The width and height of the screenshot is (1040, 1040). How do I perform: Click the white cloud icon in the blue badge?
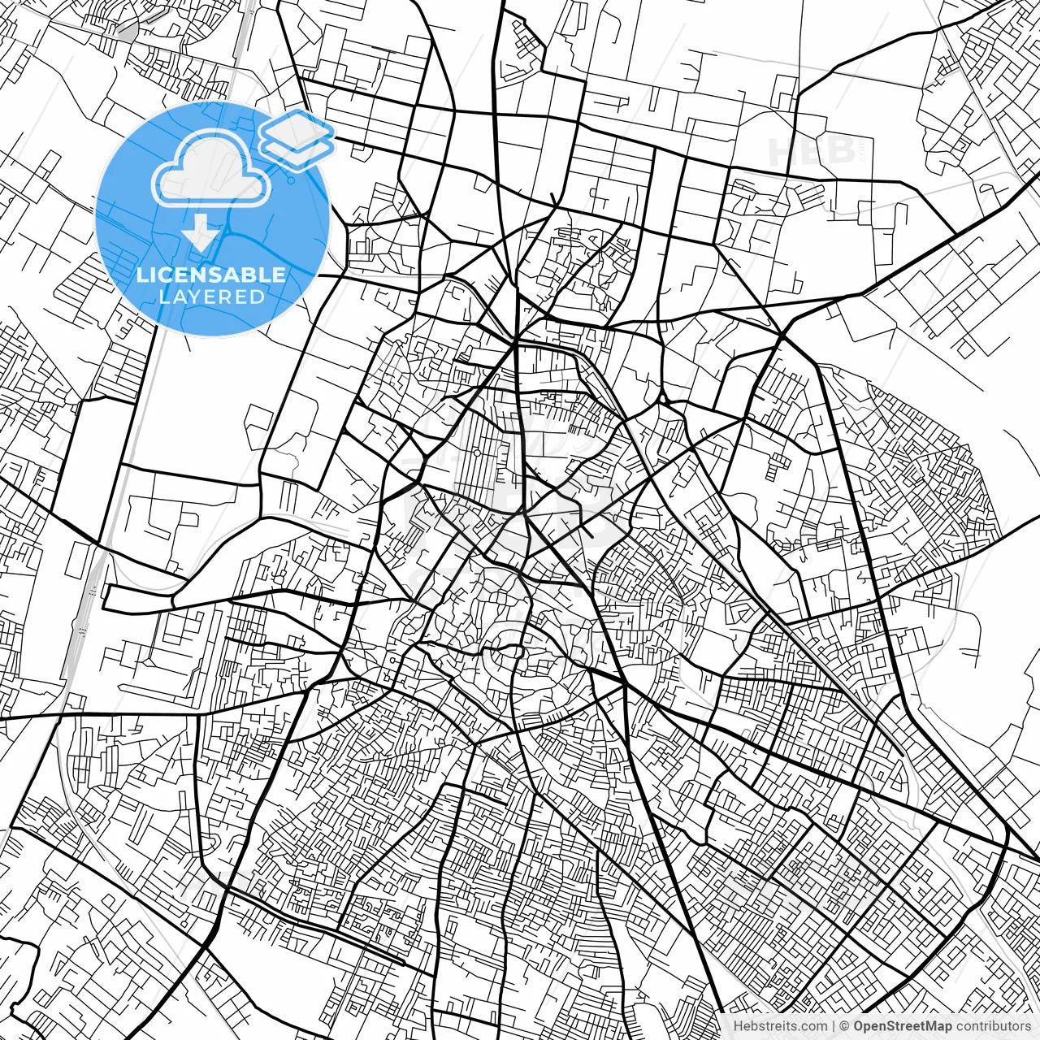[x=211, y=169]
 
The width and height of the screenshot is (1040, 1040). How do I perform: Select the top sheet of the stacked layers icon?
[x=297, y=128]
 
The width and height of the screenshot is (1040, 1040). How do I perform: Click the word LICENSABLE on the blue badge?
[x=211, y=275]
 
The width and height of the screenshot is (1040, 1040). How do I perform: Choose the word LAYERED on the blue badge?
[x=211, y=297]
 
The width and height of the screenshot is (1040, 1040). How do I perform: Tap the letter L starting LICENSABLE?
[x=142, y=275]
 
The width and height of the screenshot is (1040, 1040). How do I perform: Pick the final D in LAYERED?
[x=257, y=297]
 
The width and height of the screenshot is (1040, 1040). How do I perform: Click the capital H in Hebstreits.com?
[x=738, y=1026]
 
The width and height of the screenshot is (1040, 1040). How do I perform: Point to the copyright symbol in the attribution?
[x=845, y=1026]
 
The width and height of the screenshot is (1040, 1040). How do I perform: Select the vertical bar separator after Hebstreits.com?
[x=834, y=1026]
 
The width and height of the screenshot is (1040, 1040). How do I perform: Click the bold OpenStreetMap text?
[x=902, y=1026]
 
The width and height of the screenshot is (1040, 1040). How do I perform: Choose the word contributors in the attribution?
[x=993, y=1026]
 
